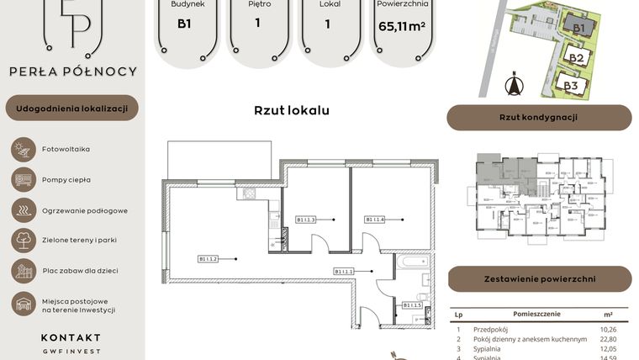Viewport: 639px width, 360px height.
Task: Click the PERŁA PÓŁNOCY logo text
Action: pos(72,71)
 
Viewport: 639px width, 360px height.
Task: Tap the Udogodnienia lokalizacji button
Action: pos(72,109)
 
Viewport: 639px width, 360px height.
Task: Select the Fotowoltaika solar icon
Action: pos(24,150)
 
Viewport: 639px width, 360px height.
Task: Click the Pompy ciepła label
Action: pos(66,179)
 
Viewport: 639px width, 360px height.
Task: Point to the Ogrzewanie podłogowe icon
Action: pos(24,209)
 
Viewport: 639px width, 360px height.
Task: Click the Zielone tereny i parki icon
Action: pos(24,240)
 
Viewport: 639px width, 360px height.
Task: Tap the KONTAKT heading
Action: pos(71,337)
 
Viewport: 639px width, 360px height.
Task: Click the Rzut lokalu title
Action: pos(292,110)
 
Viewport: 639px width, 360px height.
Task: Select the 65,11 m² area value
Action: pos(401,26)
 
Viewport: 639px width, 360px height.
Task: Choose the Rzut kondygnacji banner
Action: pos(538,118)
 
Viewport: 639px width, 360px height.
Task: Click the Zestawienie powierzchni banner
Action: pos(539,278)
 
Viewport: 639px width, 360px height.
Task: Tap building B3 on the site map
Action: pos(571,85)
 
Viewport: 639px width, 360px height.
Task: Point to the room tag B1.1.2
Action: pos(209,258)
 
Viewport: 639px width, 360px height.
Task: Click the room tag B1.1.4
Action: pos(375,220)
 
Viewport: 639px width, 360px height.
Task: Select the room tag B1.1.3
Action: pos(305,220)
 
